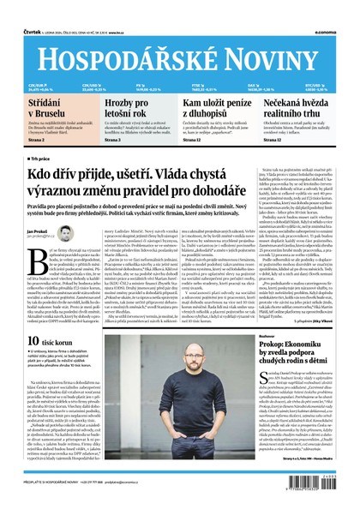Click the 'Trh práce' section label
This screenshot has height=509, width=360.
pos(40,159)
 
